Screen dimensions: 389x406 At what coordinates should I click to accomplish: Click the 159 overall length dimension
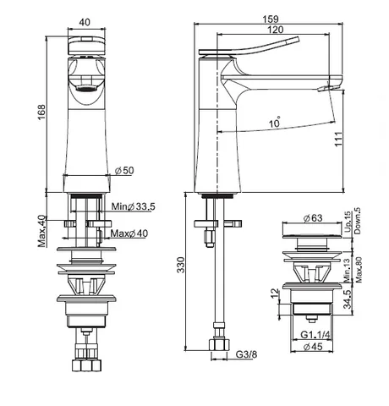coord(271,19)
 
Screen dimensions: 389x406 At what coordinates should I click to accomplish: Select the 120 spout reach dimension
coord(276,30)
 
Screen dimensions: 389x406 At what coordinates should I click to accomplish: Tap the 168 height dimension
coord(41,112)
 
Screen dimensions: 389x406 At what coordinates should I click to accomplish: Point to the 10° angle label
coord(275,122)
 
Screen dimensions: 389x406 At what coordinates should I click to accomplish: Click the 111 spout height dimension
coord(338,139)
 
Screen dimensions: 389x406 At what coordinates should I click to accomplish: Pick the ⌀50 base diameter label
coord(124,170)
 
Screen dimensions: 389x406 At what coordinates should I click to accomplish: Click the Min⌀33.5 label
coord(133,206)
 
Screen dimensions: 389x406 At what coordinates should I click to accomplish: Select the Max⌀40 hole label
coord(129,233)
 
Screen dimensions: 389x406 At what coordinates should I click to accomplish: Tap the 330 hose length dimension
coord(181,265)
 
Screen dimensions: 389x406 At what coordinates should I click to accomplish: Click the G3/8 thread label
coord(246,354)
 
